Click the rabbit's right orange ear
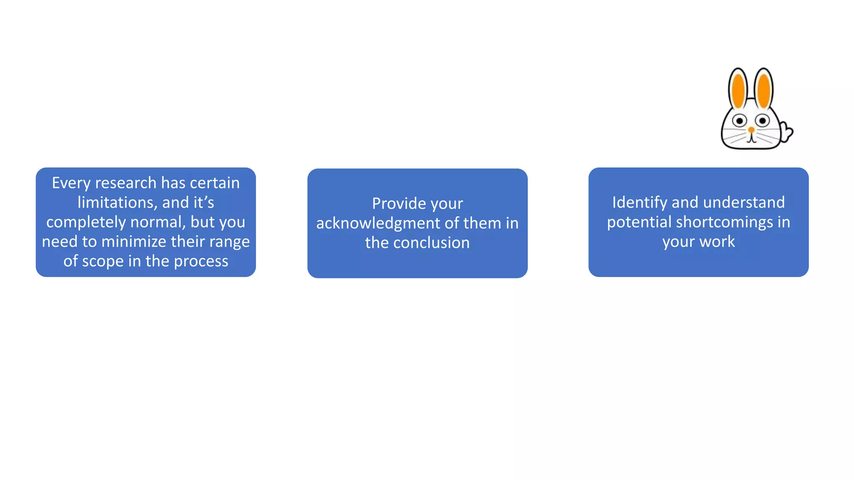point(764,90)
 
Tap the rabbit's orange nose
point(751,130)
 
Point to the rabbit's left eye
point(740,121)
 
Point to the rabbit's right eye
point(763,121)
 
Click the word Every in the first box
point(71,183)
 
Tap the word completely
point(86,222)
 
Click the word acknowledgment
point(378,223)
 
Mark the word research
point(126,183)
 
